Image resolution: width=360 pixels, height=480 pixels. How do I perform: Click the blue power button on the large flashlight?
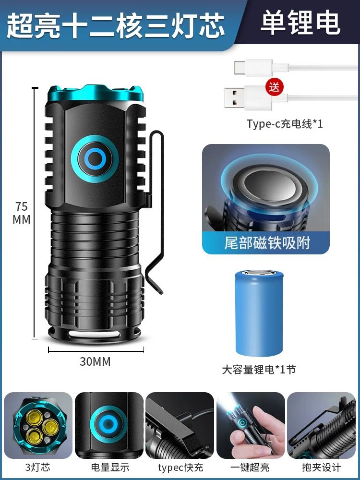tap(95, 158)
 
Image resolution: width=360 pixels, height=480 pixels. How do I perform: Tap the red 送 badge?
tap(274, 87)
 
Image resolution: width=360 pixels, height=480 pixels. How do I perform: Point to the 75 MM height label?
tap(22, 213)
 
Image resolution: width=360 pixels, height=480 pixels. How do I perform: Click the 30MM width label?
tap(95, 361)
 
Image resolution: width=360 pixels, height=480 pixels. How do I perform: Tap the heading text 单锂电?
tap(300, 23)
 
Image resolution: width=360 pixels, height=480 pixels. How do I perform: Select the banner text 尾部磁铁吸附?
tap(267, 243)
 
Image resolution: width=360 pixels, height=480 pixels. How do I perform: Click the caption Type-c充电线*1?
tap(285, 124)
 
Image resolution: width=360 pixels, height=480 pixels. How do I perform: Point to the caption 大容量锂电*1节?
tap(259, 370)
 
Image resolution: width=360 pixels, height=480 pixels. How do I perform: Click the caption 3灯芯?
tap(37, 468)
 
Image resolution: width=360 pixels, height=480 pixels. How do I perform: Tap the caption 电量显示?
tap(110, 468)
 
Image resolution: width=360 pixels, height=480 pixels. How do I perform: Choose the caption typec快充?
tap(180, 468)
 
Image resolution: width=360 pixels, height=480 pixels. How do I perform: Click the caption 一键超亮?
tap(250, 468)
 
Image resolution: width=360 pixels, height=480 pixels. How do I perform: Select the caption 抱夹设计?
tap(322, 468)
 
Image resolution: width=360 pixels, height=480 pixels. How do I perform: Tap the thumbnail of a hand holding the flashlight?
tap(251, 425)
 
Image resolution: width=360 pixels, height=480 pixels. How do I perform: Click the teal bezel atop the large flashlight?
tap(96, 94)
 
